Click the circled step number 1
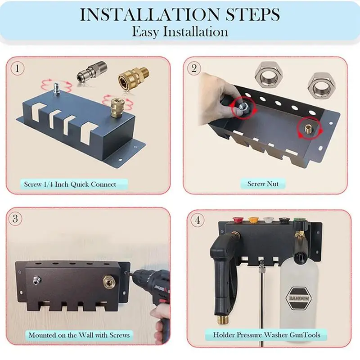point(18,68)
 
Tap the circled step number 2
point(194,68)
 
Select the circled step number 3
point(15,218)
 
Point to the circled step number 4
point(198,220)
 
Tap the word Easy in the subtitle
point(145,31)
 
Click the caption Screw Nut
point(263,184)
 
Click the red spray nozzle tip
point(237,220)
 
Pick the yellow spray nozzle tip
point(252,220)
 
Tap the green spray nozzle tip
point(297,220)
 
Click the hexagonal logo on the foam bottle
point(298,298)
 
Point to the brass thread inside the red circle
point(308,130)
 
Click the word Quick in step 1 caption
point(80,184)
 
